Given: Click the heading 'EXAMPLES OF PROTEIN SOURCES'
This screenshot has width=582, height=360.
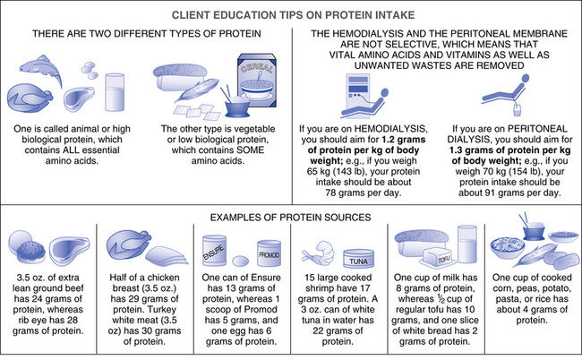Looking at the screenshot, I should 291,216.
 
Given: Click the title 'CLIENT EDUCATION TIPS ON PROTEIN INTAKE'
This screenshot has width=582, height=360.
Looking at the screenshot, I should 291,13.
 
